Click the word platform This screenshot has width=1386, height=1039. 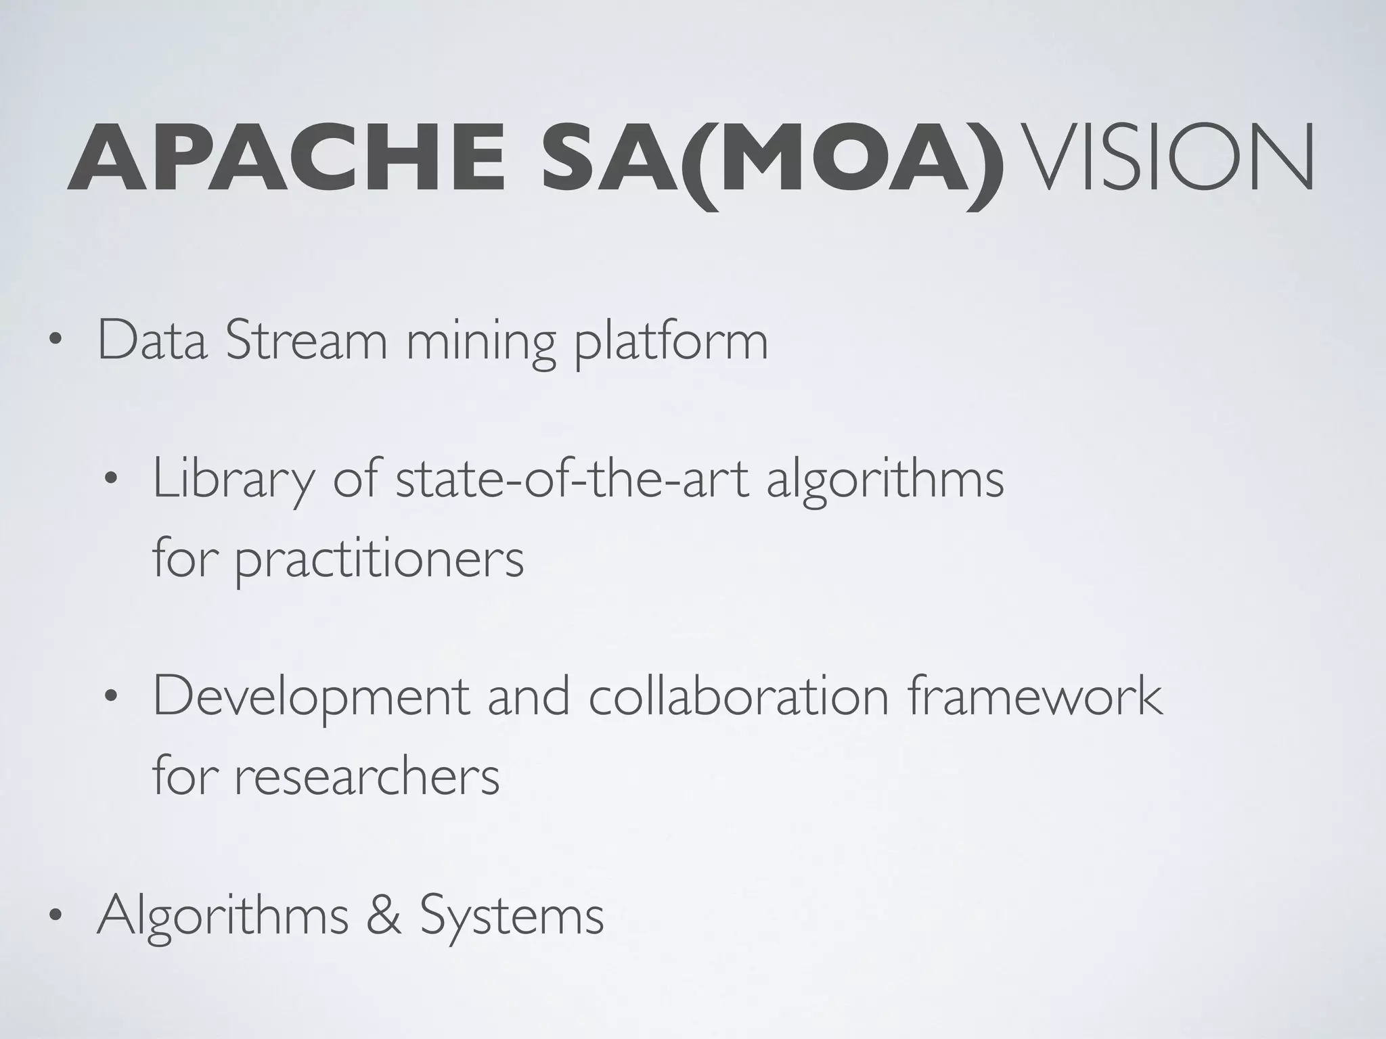tap(671, 345)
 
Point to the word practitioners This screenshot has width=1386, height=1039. tap(380, 561)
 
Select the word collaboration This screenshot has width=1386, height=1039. tap(738, 696)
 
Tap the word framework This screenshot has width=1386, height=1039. tap(1035, 696)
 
